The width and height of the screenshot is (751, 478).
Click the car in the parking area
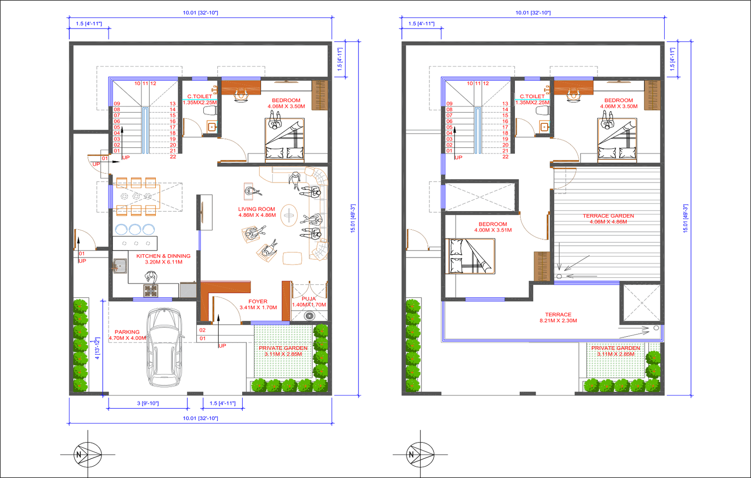click(x=163, y=347)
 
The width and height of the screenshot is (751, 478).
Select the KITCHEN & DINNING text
click(x=163, y=256)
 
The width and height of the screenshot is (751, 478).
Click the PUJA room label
click(x=309, y=299)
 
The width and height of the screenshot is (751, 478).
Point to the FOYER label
click(x=258, y=302)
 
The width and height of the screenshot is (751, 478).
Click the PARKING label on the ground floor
click(x=127, y=332)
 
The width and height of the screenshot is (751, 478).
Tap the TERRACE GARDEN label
click(x=608, y=216)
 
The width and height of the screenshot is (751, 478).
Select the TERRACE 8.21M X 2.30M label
click(x=558, y=318)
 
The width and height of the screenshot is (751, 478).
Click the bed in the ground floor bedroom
click(x=284, y=139)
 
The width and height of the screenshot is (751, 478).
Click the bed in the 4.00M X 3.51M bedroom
click(x=470, y=256)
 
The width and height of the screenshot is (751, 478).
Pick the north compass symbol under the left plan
click(x=88, y=454)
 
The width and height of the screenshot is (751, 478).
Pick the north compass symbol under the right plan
click(x=420, y=454)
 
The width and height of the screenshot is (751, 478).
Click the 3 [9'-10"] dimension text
click(x=148, y=403)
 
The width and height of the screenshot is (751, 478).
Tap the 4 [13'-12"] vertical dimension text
click(x=97, y=348)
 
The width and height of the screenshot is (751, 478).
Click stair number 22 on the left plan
click(x=173, y=157)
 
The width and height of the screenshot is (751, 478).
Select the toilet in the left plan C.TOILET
click(x=210, y=111)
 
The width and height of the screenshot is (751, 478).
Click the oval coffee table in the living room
click(x=289, y=216)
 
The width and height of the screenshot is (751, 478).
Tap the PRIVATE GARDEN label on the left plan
click(x=283, y=348)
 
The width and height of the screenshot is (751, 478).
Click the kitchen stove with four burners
click(x=151, y=290)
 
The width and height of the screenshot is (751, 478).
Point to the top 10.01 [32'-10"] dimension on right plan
click(x=533, y=13)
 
